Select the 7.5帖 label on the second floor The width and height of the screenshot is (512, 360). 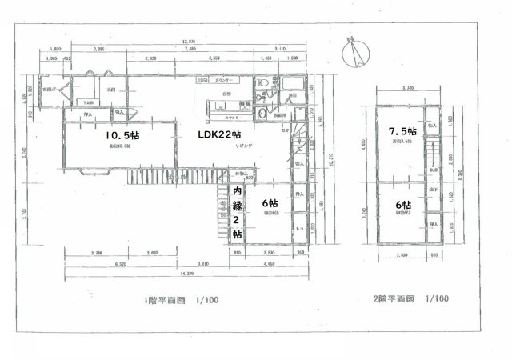pos(402,130)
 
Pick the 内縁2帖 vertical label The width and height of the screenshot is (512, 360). pos(237,213)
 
